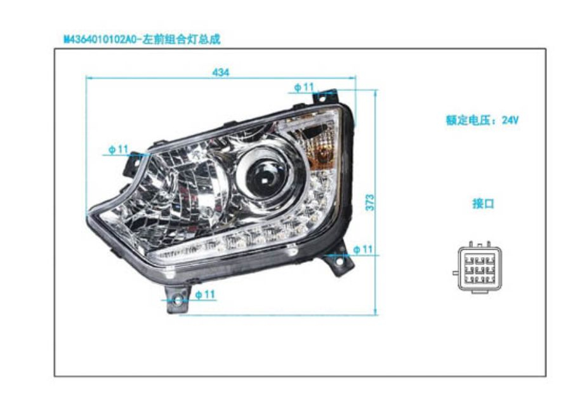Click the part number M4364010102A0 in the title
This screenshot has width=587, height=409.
102,39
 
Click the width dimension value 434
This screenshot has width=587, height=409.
220,72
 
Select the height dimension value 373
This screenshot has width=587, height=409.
370,202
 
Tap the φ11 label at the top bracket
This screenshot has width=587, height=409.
304,87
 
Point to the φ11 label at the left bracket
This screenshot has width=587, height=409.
118,149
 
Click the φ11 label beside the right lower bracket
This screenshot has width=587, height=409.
363,250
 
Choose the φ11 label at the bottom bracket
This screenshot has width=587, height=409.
206,295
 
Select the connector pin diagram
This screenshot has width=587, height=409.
477,267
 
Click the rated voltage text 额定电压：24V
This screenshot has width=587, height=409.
482,120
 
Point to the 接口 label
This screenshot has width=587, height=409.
484,204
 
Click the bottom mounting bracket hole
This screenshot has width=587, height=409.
178,300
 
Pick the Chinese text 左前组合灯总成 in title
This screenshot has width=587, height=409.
182,39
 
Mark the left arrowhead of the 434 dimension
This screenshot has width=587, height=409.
89,78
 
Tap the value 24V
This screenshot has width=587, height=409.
510,120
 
